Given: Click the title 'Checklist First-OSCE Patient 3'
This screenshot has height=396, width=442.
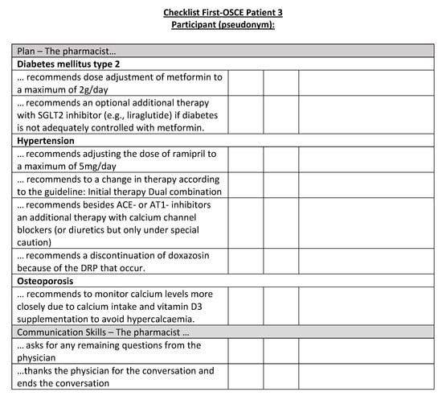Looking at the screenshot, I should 223,13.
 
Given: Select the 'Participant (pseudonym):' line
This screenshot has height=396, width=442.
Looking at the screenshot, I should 223,25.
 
